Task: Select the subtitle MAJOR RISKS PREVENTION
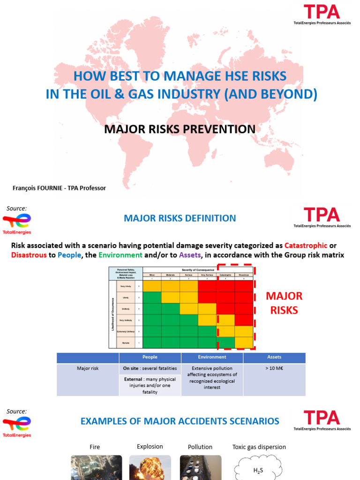click(180, 129)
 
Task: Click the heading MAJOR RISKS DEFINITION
click(180, 218)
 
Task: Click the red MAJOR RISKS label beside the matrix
click(284, 303)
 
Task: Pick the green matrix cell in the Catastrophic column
click(225, 342)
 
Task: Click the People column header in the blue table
click(150, 357)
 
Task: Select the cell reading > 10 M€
click(274, 368)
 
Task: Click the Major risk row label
click(88, 368)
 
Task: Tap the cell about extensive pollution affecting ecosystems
click(212, 378)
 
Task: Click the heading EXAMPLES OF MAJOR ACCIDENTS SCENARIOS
click(180, 421)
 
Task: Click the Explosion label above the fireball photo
click(150, 447)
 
